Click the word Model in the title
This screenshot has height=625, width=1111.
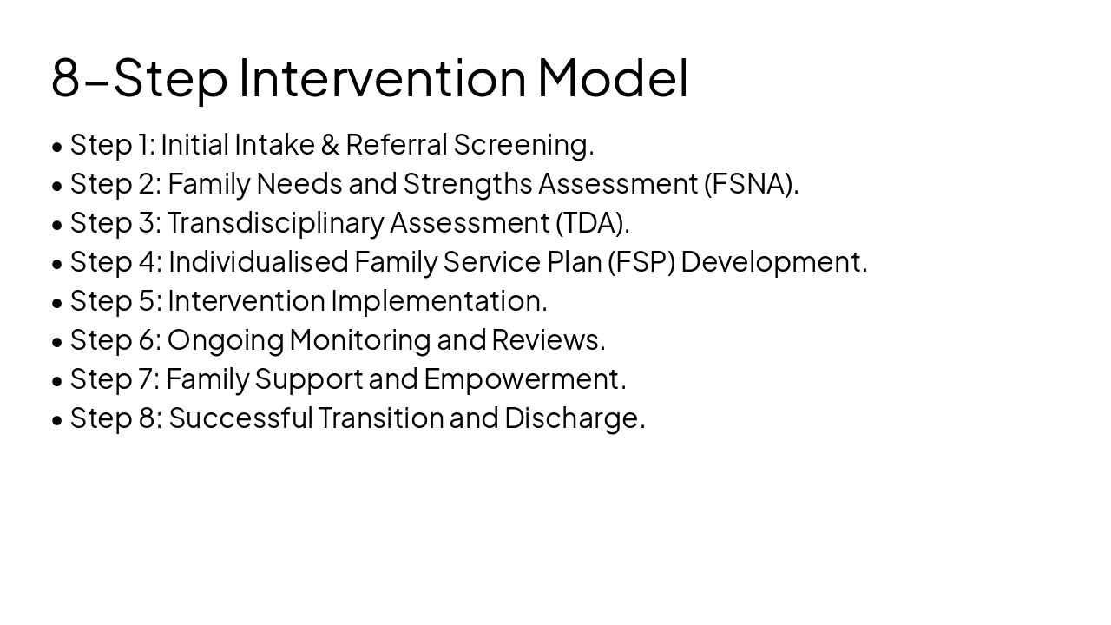pos(613,77)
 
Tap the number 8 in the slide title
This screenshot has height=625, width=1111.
pos(66,78)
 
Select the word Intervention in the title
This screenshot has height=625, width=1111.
pos(382,77)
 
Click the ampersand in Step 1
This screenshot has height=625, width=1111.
pos(330,145)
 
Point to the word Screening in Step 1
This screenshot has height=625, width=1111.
pos(522,145)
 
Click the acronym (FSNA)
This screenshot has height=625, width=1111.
pos(751,184)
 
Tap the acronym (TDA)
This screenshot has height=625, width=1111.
pos(592,223)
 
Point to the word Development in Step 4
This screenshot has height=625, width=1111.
pos(772,262)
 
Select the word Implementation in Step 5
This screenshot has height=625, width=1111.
pos(438,301)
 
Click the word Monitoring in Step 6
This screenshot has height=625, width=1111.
pos(359,340)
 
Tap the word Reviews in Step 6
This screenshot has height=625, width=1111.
pos(547,340)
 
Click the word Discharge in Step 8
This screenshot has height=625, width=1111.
pos(573,418)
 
